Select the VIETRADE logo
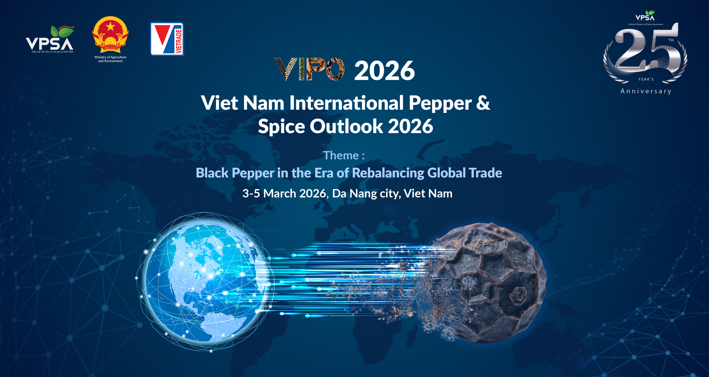[167, 39]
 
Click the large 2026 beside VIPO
[384, 71]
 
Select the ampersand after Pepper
[483, 103]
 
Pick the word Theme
[341, 156]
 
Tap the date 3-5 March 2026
[284, 193]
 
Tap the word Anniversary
[646, 91]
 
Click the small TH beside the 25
[671, 40]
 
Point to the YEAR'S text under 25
[646, 79]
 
